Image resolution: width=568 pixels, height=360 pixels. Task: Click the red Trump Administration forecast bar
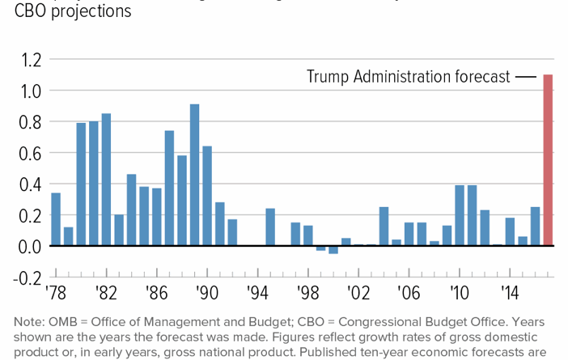coord(548,160)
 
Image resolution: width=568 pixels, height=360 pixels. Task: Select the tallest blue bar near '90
coord(194,175)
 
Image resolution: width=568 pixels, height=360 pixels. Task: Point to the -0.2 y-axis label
coord(27,277)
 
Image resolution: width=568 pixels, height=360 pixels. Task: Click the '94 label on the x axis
coord(258,292)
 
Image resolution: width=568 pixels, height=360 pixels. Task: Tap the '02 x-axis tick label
coord(358,292)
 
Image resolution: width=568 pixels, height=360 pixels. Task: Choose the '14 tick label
coord(510,292)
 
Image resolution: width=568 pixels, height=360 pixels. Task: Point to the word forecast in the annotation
coord(481,77)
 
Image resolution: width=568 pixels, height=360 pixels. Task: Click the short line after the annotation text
coord(526,77)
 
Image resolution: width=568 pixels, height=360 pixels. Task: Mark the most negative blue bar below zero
coord(333,250)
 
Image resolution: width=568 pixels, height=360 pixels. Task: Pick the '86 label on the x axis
coord(156,292)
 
